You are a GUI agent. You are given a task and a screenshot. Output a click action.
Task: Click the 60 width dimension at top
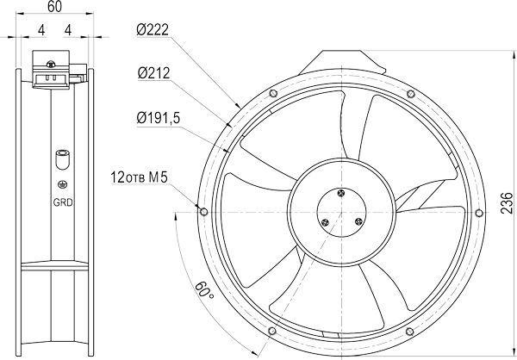click(x=54, y=7)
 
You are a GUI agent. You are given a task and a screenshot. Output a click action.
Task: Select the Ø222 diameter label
click(x=153, y=30)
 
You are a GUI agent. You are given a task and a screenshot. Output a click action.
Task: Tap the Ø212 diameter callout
click(x=153, y=73)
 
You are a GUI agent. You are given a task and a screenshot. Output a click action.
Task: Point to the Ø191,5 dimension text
click(x=159, y=118)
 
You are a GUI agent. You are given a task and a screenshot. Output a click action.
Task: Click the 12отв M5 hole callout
click(x=139, y=177)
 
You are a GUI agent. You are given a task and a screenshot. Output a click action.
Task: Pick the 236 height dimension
click(x=507, y=203)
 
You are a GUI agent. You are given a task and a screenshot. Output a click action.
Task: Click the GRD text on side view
click(x=63, y=202)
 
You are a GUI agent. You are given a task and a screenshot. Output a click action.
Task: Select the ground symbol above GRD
click(x=62, y=184)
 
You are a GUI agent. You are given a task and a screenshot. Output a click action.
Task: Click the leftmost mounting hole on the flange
click(x=204, y=211)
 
